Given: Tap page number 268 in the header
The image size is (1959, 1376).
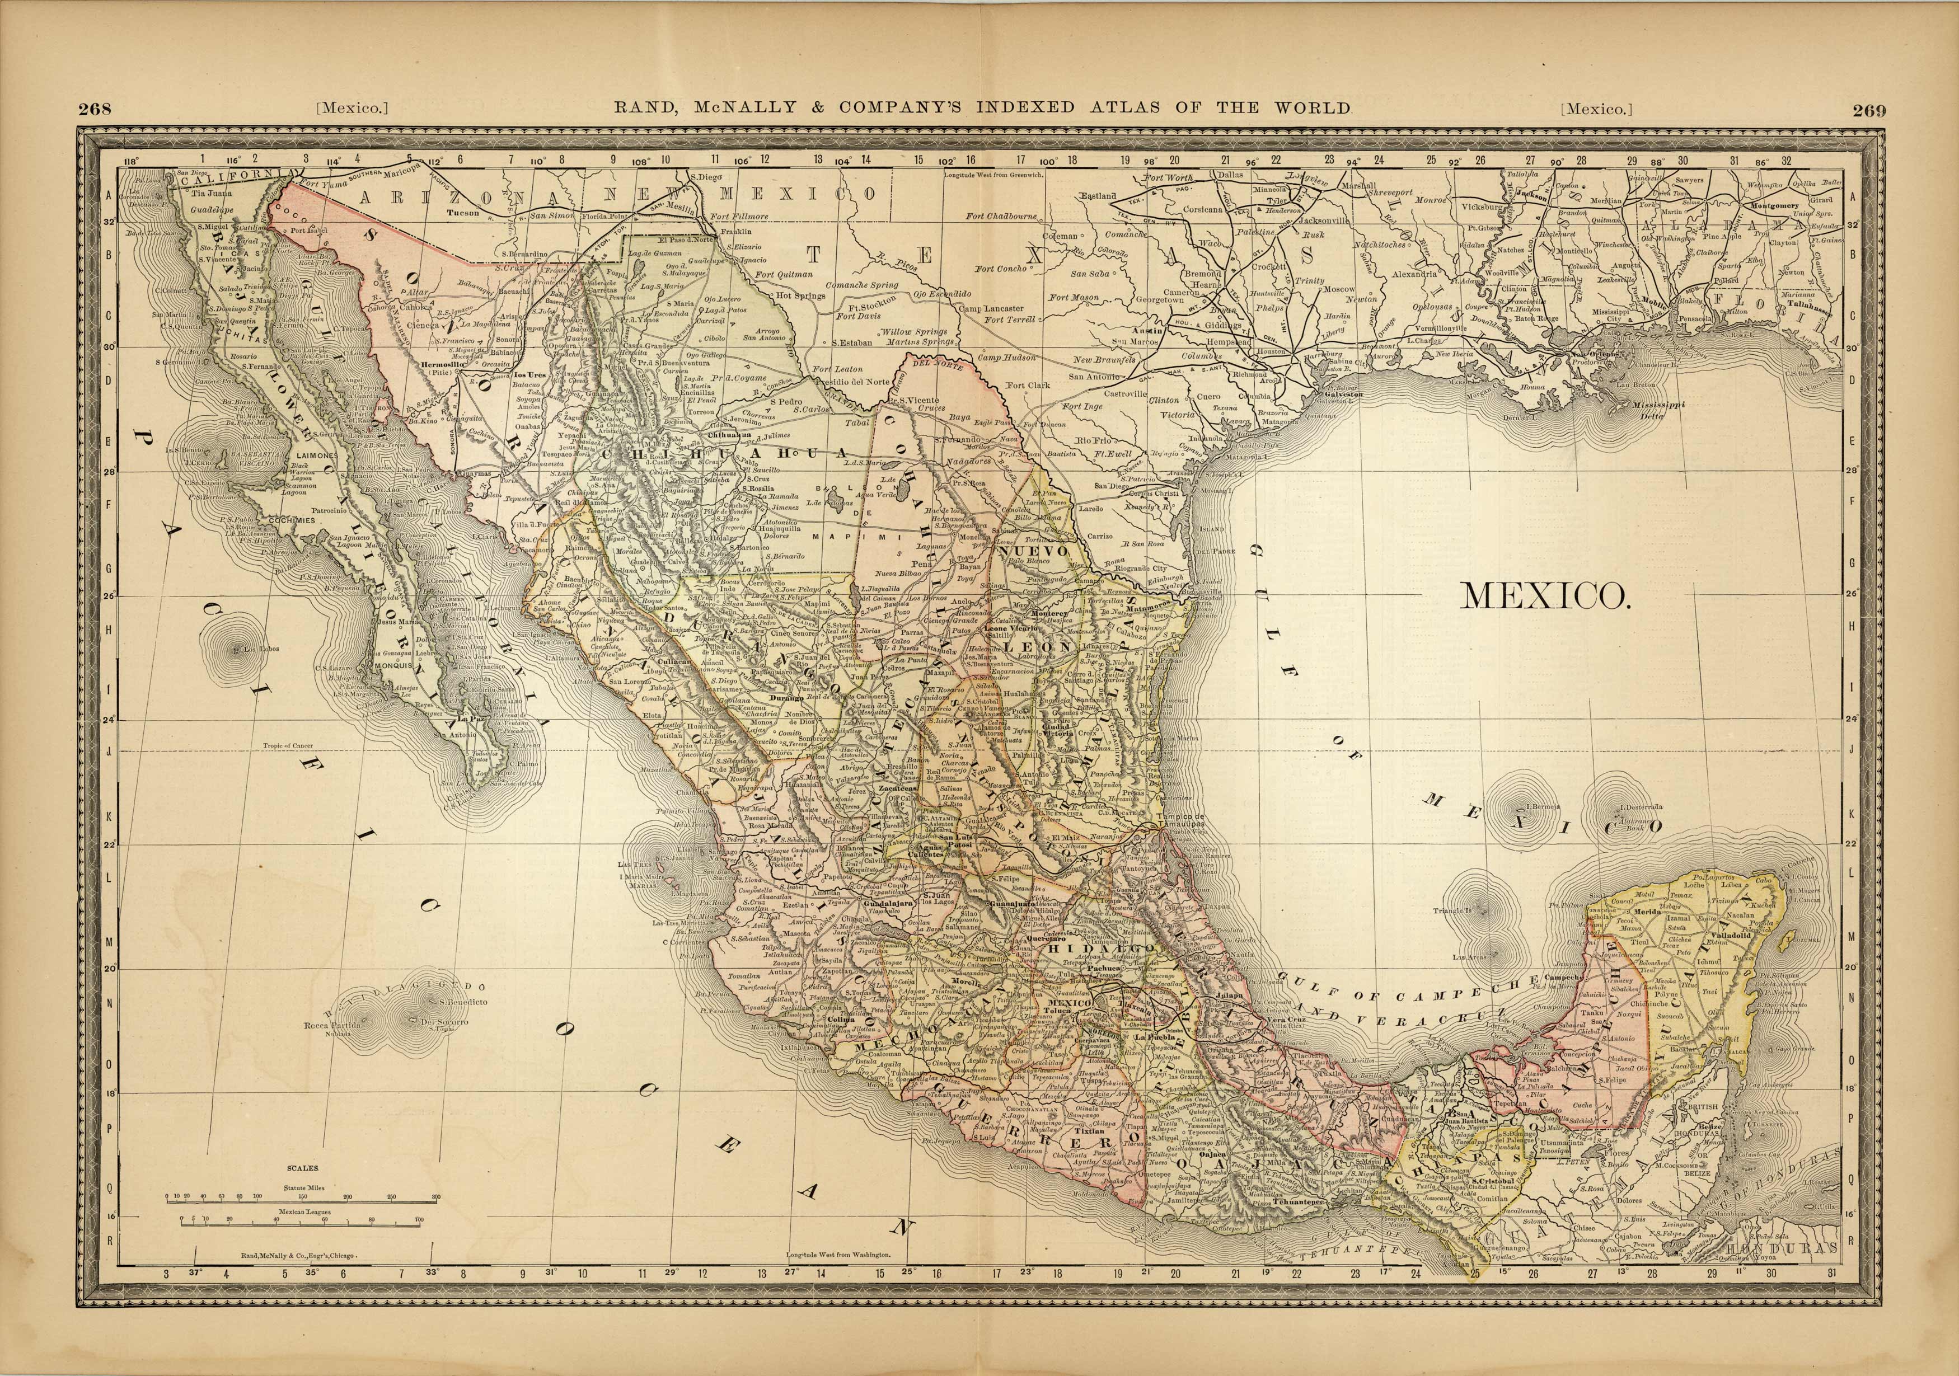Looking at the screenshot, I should [96, 109].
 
